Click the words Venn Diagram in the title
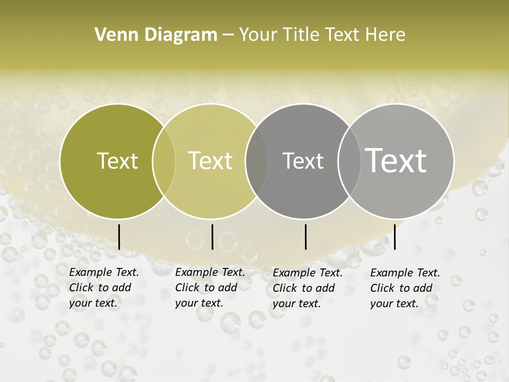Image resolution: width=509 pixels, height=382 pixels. click(x=156, y=35)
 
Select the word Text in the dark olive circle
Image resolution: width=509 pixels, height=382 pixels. click(x=117, y=161)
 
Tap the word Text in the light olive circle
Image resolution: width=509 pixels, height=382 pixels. click(x=210, y=161)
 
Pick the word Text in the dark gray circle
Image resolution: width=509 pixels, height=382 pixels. click(x=303, y=161)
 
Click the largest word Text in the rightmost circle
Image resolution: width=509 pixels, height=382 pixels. click(x=396, y=161)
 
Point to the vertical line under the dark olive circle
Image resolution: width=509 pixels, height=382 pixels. click(x=119, y=237)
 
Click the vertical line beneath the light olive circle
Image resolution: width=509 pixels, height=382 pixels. click(x=212, y=237)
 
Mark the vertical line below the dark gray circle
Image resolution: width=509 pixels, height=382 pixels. click(x=306, y=237)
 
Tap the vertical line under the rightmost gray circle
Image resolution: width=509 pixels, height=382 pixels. click(x=395, y=237)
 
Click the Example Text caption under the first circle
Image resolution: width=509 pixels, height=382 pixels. click(x=104, y=273)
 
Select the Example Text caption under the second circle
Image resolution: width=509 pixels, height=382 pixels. click(x=210, y=273)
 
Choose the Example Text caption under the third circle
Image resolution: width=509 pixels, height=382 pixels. click(x=308, y=273)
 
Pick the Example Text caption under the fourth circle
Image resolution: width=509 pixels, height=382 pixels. click(x=405, y=273)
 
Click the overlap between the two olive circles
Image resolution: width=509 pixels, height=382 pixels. click(x=164, y=161)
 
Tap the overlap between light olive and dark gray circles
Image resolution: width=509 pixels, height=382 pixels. click(x=257, y=161)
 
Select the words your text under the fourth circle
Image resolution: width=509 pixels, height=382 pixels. click(x=394, y=304)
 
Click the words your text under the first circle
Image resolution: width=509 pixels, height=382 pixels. click(x=93, y=303)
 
